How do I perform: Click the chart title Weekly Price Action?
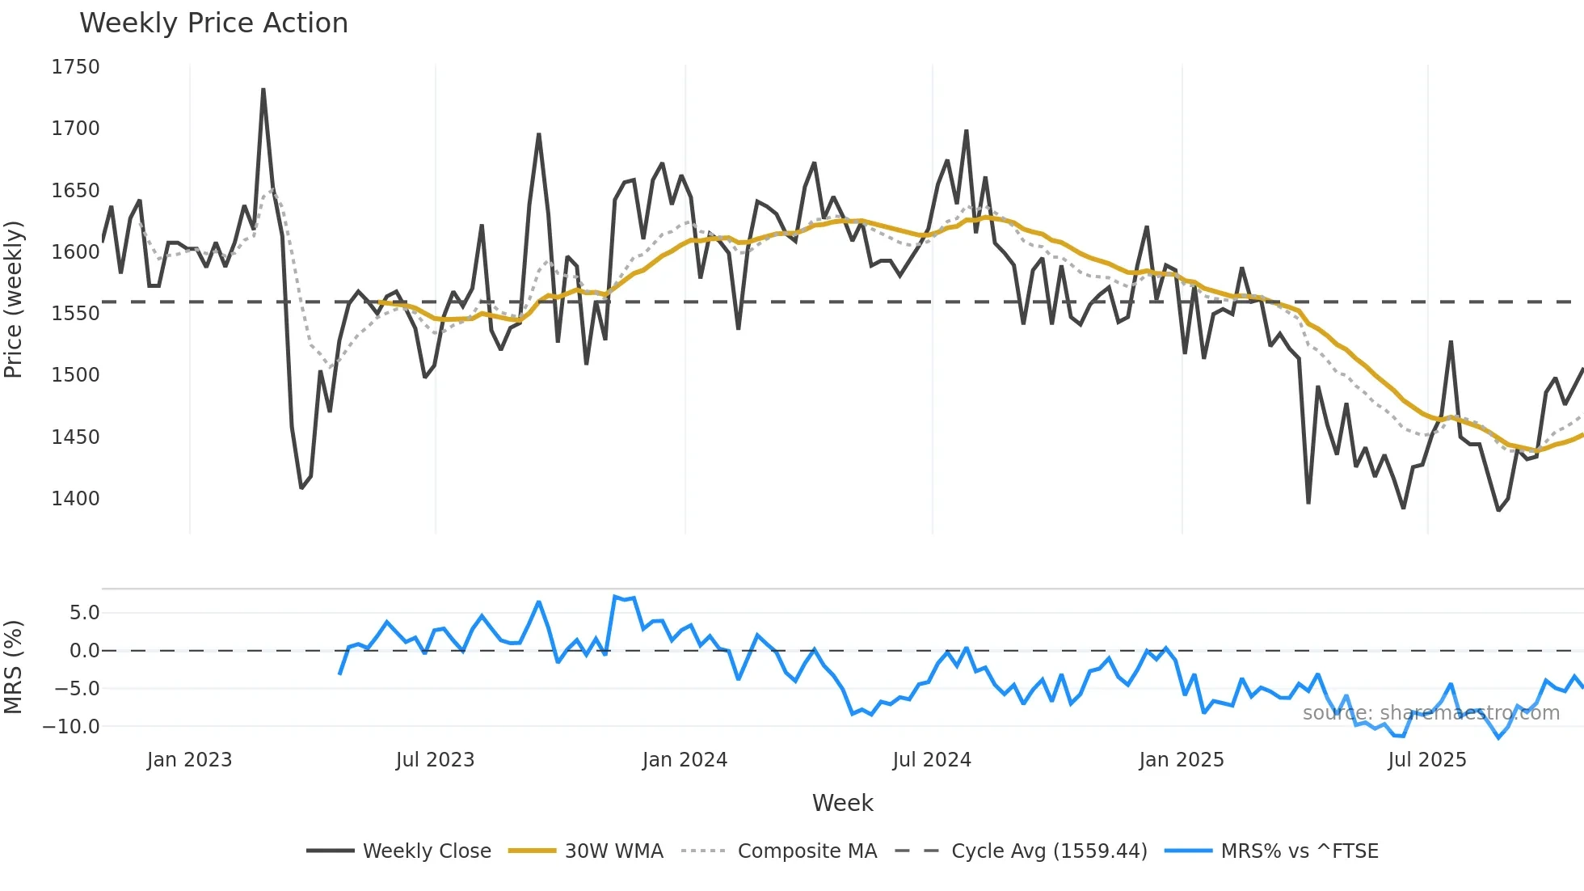213,23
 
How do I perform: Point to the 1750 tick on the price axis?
75,67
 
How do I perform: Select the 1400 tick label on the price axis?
75,499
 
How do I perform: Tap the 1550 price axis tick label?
75,314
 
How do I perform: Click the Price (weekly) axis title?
14,299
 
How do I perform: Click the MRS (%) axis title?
14,667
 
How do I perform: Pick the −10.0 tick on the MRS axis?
71,727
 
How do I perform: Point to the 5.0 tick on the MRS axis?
84,613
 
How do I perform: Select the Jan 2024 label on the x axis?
685,760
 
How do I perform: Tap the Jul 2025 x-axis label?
1426,760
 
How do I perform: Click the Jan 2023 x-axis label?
189,760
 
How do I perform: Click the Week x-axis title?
842,803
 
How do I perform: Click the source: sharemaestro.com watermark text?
1430,713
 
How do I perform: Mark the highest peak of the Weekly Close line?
263,89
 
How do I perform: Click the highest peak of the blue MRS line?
615,597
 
